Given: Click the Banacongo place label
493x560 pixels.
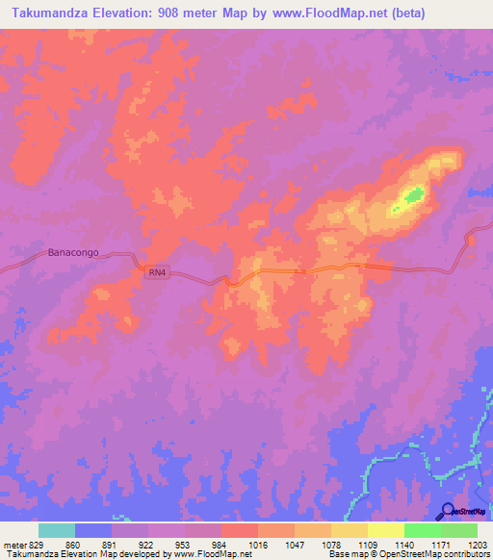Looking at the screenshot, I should tap(73, 255).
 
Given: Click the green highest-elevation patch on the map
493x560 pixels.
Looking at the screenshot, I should tap(414, 196).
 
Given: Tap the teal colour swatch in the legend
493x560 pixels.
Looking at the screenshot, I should tap(57, 530).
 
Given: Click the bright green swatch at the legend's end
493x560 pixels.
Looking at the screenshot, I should tap(459, 530).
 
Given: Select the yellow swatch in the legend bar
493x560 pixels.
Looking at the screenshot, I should tap(386, 530).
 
